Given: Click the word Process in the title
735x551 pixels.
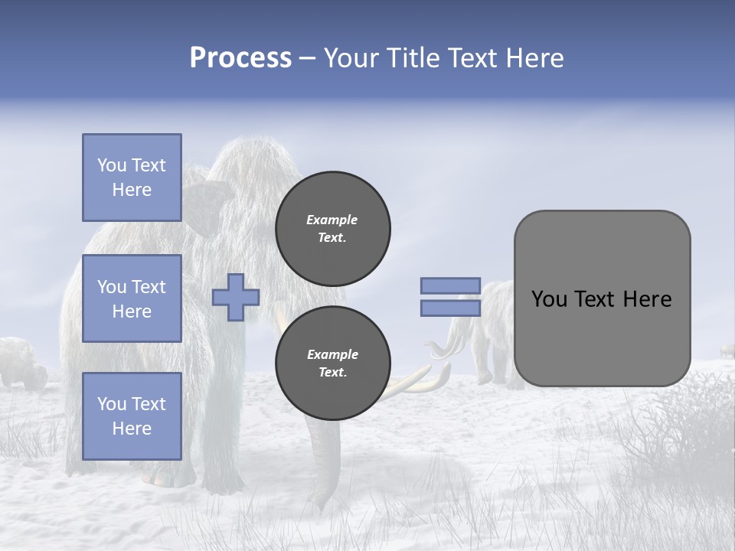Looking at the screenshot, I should pos(240,58).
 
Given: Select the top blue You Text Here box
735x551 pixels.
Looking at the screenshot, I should pos(132,178).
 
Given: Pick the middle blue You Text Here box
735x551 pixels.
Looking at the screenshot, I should pos(132,298).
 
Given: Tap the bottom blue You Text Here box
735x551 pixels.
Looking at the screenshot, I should pos(132,416).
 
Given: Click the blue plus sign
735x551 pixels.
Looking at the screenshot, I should pos(236,297).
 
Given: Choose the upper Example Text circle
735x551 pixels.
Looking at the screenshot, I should pos(333,229).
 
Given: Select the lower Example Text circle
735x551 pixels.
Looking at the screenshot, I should pos(333,364).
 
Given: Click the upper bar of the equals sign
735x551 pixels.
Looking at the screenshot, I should pos(451,285).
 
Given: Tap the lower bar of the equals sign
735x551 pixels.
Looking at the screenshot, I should pos(451,308).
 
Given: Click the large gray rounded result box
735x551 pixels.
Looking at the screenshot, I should pos(602,298).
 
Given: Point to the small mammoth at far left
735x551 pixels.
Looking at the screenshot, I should pos(19,361).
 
